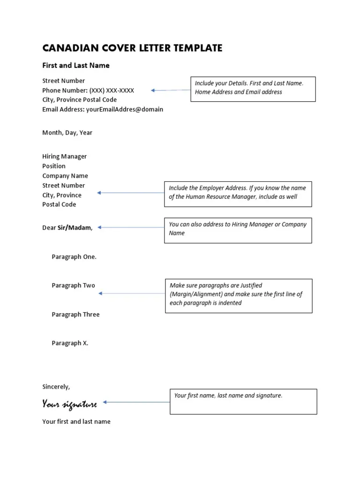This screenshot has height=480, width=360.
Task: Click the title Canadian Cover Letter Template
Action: click(132, 48)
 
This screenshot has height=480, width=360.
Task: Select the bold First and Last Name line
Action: click(76, 66)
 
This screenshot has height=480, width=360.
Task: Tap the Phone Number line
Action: click(88, 90)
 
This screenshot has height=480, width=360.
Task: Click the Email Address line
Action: click(103, 109)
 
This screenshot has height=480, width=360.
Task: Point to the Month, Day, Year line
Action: click(67, 133)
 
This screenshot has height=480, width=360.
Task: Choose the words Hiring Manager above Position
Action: click(64, 157)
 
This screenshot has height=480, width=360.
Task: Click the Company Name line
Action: click(65, 176)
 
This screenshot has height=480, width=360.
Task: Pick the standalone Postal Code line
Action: click(59, 204)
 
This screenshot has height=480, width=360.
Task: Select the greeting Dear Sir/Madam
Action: click(67, 228)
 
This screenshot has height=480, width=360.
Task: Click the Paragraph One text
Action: click(74, 257)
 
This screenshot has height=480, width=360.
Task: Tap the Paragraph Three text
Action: click(75, 315)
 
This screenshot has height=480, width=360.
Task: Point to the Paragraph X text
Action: click(70, 343)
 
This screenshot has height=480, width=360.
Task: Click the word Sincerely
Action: click(56, 387)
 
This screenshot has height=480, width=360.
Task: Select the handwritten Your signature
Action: click(69, 404)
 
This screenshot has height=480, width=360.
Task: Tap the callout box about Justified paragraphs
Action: click(238, 295)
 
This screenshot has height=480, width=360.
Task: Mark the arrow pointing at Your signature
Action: click(136, 402)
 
